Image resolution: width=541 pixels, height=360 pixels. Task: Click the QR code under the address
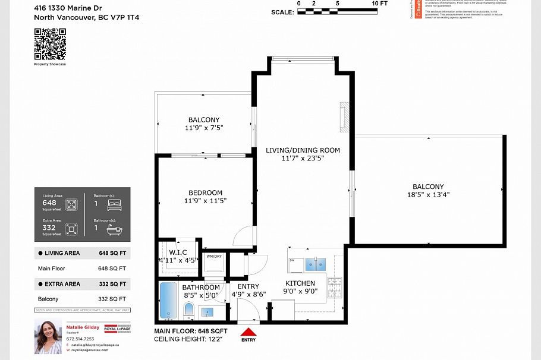click(49, 43)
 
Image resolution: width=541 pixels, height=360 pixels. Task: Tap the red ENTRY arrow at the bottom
click(249, 332)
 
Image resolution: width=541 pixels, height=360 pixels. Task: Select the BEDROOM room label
click(205, 192)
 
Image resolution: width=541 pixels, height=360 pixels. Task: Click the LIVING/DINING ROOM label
click(303, 150)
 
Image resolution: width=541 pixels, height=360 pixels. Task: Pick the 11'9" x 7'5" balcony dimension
click(204, 127)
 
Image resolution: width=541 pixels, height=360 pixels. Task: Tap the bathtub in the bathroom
click(167, 301)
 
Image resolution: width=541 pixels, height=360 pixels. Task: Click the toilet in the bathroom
click(188, 310)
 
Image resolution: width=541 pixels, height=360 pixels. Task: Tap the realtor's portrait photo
click(48, 336)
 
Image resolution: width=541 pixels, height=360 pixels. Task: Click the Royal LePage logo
click(118, 329)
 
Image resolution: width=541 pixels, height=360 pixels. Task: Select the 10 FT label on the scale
click(380, 3)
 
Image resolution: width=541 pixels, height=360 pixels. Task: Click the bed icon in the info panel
click(114, 205)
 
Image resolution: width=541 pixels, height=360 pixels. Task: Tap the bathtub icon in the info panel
click(114, 228)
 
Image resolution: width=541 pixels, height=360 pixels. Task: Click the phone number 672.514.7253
click(81, 339)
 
